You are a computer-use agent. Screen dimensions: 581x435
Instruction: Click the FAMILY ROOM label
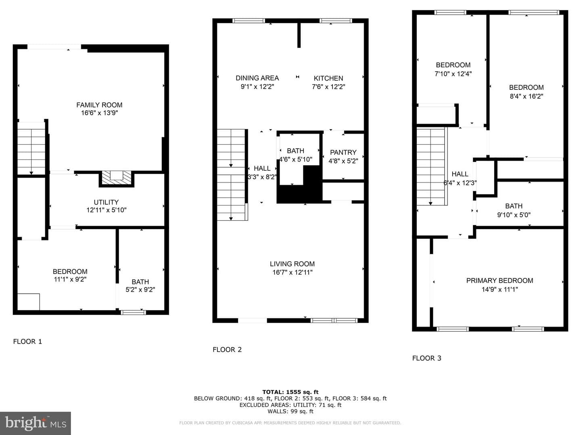99,105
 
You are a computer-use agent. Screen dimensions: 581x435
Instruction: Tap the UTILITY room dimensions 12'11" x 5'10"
107,210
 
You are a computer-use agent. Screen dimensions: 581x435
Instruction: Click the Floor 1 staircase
31,148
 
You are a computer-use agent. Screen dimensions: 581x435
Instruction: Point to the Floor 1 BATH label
140,282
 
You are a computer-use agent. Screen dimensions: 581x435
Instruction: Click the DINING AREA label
257,78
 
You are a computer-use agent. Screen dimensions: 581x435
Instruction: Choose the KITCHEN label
328,79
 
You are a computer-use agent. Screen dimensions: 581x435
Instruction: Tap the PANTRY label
343,152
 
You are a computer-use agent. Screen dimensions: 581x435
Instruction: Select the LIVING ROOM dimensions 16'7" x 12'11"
293,272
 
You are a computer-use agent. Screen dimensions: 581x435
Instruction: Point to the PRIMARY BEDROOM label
499,280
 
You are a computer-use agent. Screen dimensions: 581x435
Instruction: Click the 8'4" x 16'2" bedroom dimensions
527,96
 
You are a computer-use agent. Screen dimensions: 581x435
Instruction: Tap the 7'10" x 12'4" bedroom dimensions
453,74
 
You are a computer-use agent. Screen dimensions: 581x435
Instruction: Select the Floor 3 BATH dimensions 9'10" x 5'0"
514,215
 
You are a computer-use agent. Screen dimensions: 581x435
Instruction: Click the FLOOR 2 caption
227,350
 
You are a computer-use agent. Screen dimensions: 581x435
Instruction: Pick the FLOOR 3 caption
427,358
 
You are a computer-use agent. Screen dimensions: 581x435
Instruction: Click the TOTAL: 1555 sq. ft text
290,392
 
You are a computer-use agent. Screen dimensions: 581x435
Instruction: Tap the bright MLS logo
36,423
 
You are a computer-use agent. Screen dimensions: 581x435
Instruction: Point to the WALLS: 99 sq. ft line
290,411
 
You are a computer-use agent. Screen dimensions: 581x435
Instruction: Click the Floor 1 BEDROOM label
70,271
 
